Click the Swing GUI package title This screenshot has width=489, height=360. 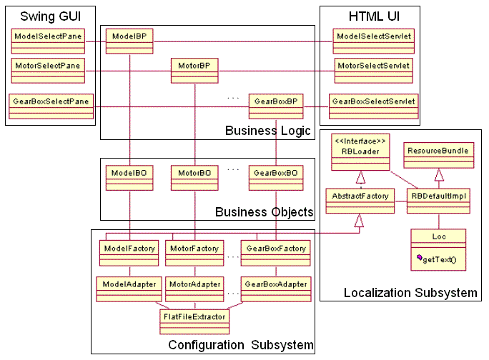point(49,16)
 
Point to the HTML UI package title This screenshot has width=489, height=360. point(370,16)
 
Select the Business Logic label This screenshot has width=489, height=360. point(267,131)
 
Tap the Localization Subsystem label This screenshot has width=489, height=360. point(410,293)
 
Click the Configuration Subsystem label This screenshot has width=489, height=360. point(240,346)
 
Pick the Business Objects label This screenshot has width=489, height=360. point(264,212)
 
